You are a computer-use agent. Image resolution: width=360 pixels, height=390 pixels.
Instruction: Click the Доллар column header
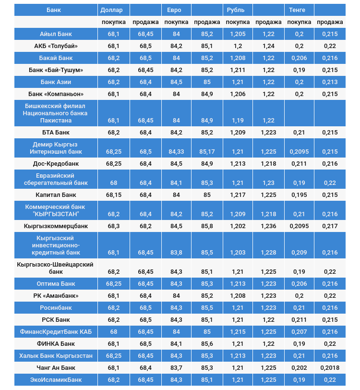(111, 10)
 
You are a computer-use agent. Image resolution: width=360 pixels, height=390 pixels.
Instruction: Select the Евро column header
(174, 10)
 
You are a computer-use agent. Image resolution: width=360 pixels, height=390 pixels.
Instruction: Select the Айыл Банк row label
(56, 34)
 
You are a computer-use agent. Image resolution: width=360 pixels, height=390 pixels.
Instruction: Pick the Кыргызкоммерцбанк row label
(56, 225)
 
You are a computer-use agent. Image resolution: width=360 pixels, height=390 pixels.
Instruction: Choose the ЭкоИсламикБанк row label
(56, 380)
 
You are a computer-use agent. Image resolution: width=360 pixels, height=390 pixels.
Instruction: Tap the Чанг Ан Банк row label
(56, 368)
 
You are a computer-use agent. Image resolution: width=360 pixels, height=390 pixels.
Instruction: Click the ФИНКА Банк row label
(56, 344)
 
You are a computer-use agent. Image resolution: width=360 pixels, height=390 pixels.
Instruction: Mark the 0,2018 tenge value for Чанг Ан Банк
(330, 368)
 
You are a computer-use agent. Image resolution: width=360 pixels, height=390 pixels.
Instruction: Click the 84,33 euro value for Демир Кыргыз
(176, 152)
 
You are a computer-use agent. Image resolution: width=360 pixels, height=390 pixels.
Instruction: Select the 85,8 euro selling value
(207, 225)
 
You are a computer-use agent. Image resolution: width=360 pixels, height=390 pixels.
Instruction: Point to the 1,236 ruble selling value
(268, 225)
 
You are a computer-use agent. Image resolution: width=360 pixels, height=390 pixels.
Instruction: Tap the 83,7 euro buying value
(176, 368)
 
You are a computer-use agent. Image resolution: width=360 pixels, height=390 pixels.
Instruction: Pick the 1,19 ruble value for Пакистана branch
(238, 121)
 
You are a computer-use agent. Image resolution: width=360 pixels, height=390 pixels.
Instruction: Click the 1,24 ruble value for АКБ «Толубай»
(268, 46)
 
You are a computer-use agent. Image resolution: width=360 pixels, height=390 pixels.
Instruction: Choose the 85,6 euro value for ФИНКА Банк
(207, 344)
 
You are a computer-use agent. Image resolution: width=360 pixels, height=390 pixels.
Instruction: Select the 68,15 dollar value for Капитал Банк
(114, 195)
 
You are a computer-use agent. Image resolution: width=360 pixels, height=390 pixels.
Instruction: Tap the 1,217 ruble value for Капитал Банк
(238, 195)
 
